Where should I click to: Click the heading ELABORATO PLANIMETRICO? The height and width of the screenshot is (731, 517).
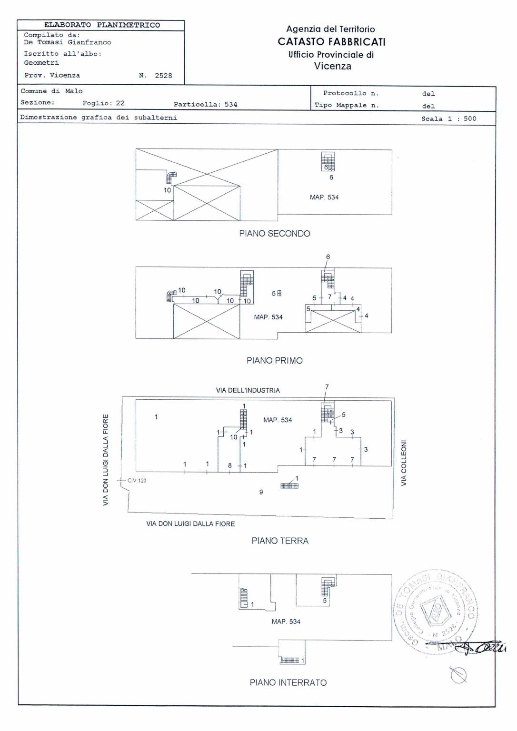tap(102, 25)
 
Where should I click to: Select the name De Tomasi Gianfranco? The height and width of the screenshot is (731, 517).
tap(68, 42)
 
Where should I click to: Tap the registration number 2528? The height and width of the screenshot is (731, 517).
tap(163, 76)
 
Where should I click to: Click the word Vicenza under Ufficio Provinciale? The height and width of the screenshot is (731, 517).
tap(332, 66)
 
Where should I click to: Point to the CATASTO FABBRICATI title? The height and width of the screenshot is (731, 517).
tap(331, 42)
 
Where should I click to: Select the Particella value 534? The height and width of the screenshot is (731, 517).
tap(231, 105)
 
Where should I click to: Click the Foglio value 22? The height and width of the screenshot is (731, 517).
tap(120, 103)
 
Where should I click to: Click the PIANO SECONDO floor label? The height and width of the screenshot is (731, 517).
tap(275, 234)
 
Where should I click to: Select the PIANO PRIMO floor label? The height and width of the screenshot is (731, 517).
tap(275, 361)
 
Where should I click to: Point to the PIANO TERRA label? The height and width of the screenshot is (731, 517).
tap(280, 541)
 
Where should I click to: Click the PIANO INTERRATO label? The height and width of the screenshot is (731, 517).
tap(288, 683)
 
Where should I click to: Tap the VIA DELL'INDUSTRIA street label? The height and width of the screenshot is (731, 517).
tap(248, 391)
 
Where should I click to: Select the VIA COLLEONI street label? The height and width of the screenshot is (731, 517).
tap(404, 463)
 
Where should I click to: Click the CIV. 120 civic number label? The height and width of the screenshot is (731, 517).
tap(137, 481)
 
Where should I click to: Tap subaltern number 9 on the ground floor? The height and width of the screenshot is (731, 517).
tap(261, 492)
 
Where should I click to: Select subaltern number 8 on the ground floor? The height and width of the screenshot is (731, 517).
tap(230, 466)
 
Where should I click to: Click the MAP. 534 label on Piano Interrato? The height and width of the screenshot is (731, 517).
tap(286, 622)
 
